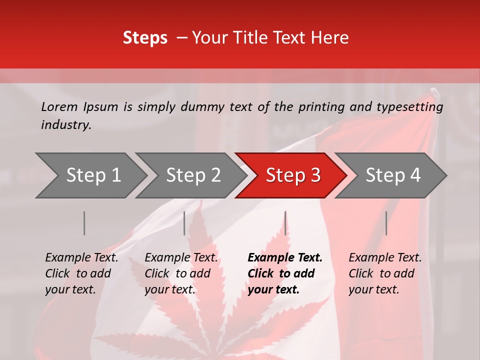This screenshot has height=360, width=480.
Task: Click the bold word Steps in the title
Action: click(145, 37)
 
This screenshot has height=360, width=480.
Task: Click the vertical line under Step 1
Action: click(84, 223)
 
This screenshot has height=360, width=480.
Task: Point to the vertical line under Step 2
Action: click(184, 223)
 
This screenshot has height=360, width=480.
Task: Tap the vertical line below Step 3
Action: click(285, 223)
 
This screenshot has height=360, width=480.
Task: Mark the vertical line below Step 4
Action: click(386, 223)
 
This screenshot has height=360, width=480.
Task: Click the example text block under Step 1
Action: click(81, 273)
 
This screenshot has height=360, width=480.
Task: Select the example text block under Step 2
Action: click(181, 273)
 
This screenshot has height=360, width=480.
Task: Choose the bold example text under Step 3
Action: click(285, 273)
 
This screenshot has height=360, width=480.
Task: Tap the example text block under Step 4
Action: click(385, 273)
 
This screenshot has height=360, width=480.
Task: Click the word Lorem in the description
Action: click(59, 106)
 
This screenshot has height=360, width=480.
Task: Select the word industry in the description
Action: click(66, 125)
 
